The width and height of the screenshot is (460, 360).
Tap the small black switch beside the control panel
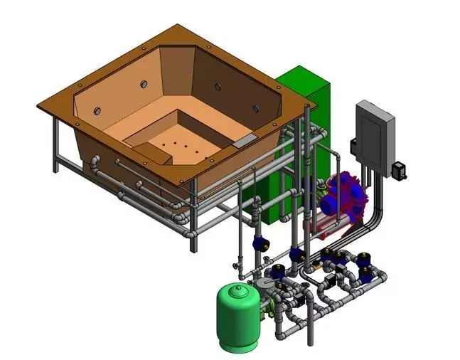coord(400,171)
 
